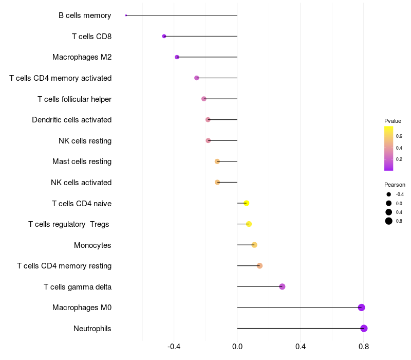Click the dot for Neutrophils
[x=364, y=329]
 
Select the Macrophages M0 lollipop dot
[x=361, y=308]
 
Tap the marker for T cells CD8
[x=164, y=36]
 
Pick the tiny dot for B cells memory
[x=126, y=15]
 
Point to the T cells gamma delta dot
[x=282, y=286]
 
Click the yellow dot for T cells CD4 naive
[x=247, y=203]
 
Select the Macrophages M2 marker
[x=177, y=57]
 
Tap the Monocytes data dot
[x=254, y=245]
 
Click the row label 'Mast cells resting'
[x=82, y=161]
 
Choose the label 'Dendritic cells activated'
[x=71, y=120]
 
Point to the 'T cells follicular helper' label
[x=74, y=99]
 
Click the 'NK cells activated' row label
[x=81, y=183]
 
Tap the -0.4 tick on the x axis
[x=174, y=347]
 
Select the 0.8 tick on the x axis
[x=364, y=347]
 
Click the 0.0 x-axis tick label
[x=237, y=347]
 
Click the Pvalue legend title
[x=393, y=121]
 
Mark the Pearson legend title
[x=395, y=185]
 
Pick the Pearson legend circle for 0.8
[x=389, y=221]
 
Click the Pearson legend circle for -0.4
[x=389, y=194]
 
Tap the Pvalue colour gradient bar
[x=389, y=148]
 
